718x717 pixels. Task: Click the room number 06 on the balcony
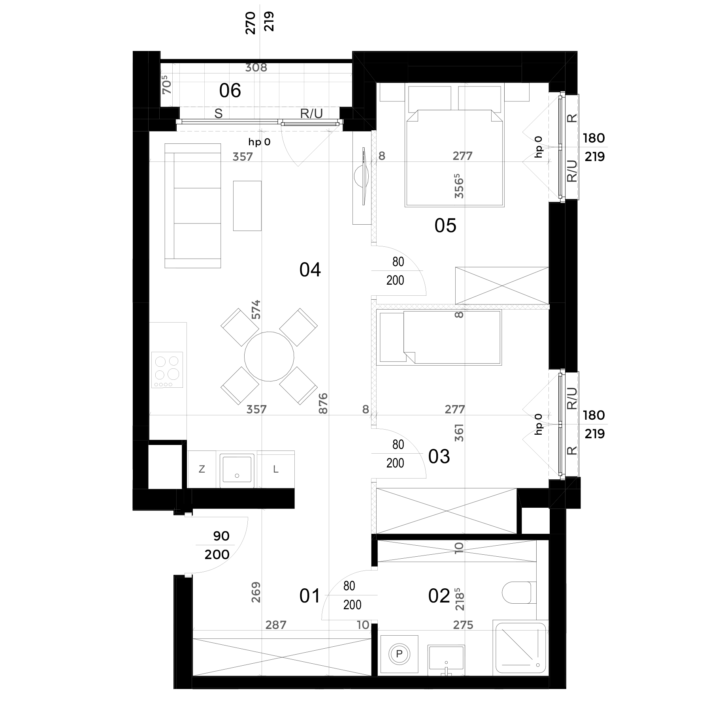pyautogui.click(x=230, y=91)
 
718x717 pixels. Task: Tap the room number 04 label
pyautogui.click(x=310, y=270)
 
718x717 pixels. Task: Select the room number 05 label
pyautogui.click(x=445, y=226)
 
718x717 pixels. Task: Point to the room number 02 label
pyautogui.click(x=439, y=596)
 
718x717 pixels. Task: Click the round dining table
pyautogui.click(x=269, y=357)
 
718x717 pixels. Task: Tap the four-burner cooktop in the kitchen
pyautogui.click(x=167, y=370)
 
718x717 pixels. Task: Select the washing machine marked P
pyautogui.click(x=399, y=654)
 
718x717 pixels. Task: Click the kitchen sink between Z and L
pyautogui.click(x=237, y=469)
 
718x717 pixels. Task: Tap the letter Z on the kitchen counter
pyautogui.click(x=202, y=469)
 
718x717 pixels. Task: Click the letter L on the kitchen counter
pyautogui.click(x=276, y=469)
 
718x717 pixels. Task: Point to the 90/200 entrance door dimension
pyautogui.click(x=217, y=545)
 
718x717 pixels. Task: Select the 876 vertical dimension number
pyautogui.click(x=323, y=403)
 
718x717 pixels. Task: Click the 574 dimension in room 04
pyautogui.click(x=256, y=310)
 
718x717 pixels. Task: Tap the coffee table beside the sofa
pyautogui.click(x=247, y=206)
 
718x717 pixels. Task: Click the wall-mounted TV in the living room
pyautogui.click(x=362, y=176)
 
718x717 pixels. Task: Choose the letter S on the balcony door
pyautogui.click(x=219, y=114)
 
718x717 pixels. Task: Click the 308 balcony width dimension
pyautogui.click(x=256, y=68)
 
